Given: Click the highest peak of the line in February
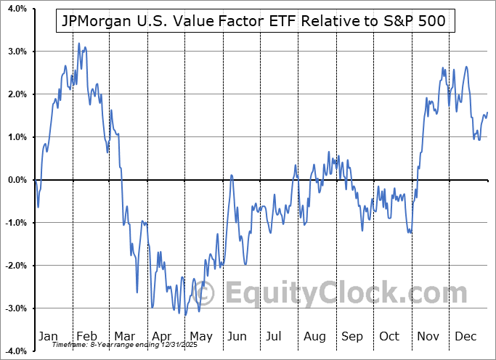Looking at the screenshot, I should click(x=78, y=44).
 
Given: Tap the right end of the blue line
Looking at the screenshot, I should click(x=487, y=112).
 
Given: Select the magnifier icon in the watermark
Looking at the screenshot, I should click(x=207, y=293).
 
